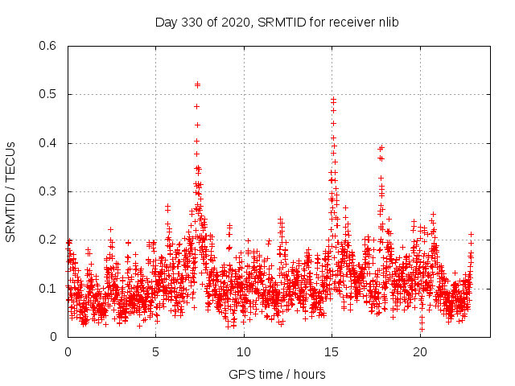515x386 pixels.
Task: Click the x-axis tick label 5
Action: [x=156, y=351]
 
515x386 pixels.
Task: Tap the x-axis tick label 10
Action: [x=244, y=351]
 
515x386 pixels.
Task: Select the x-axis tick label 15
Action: [x=332, y=351]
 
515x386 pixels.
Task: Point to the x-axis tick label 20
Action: [x=420, y=351]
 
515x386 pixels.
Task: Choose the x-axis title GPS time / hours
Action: [x=277, y=374]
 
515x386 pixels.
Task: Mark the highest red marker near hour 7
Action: [x=197, y=84]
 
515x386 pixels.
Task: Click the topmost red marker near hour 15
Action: [x=333, y=99]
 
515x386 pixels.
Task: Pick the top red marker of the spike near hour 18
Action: [x=381, y=147]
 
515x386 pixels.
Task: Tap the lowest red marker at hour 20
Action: [x=422, y=329]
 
